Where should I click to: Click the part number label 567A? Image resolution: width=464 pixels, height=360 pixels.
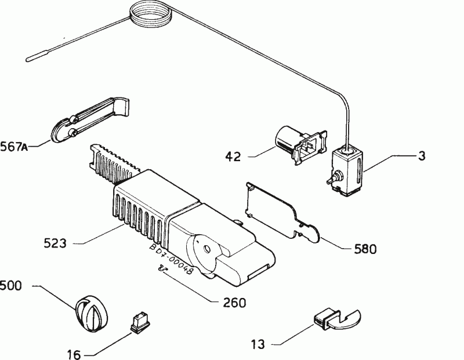point(14,147)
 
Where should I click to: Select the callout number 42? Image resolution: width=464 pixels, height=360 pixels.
point(233,157)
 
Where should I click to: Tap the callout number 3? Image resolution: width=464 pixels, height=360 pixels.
point(422,155)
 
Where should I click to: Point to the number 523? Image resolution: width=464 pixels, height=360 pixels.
point(55,243)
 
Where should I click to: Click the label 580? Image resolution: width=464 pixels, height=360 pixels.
point(365,249)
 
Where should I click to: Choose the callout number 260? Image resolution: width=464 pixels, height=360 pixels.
point(234,303)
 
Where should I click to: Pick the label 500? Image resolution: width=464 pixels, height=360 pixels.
point(11,286)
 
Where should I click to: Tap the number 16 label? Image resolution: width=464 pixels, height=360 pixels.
point(74,354)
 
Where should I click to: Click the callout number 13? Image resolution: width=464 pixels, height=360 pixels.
point(258,344)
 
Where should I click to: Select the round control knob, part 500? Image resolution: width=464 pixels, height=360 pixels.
point(92,313)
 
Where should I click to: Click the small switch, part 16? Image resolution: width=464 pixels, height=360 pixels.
point(140,323)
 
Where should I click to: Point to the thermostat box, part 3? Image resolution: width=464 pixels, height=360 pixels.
point(347,169)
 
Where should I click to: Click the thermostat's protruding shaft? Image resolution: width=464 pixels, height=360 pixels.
point(333,177)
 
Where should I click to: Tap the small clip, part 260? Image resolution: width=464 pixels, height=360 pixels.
point(162,268)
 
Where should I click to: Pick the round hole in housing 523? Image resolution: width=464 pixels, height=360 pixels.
point(207,250)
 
